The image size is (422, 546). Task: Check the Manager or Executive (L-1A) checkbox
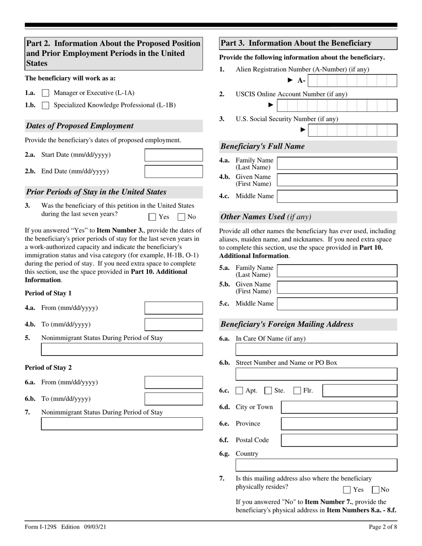[x=45, y=93]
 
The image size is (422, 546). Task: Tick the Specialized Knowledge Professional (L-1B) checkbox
[x=45, y=106]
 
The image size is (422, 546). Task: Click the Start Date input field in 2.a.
[x=174, y=155]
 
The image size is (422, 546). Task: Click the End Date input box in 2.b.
[x=174, y=171]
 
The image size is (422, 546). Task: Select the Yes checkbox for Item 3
[x=153, y=217]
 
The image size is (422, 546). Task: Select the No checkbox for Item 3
[x=181, y=217]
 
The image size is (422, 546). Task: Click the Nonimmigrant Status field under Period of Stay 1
[x=122, y=349]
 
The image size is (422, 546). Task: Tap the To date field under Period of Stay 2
[x=174, y=399]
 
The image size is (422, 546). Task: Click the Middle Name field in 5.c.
[x=337, y=304]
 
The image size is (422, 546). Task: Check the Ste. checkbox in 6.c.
[x=268, y=391]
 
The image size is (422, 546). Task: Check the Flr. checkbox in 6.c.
[x=298, y=391]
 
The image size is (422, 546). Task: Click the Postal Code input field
[x=339, y=440]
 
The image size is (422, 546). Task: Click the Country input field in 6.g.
[x=316, y=465]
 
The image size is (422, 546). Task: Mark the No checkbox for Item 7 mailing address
[x=375, y=490]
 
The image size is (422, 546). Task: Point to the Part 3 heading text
[x=296, y=44]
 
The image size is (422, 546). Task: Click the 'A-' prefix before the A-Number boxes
[x=301, y=80]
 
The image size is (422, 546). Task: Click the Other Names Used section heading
[x=266, y=217]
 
